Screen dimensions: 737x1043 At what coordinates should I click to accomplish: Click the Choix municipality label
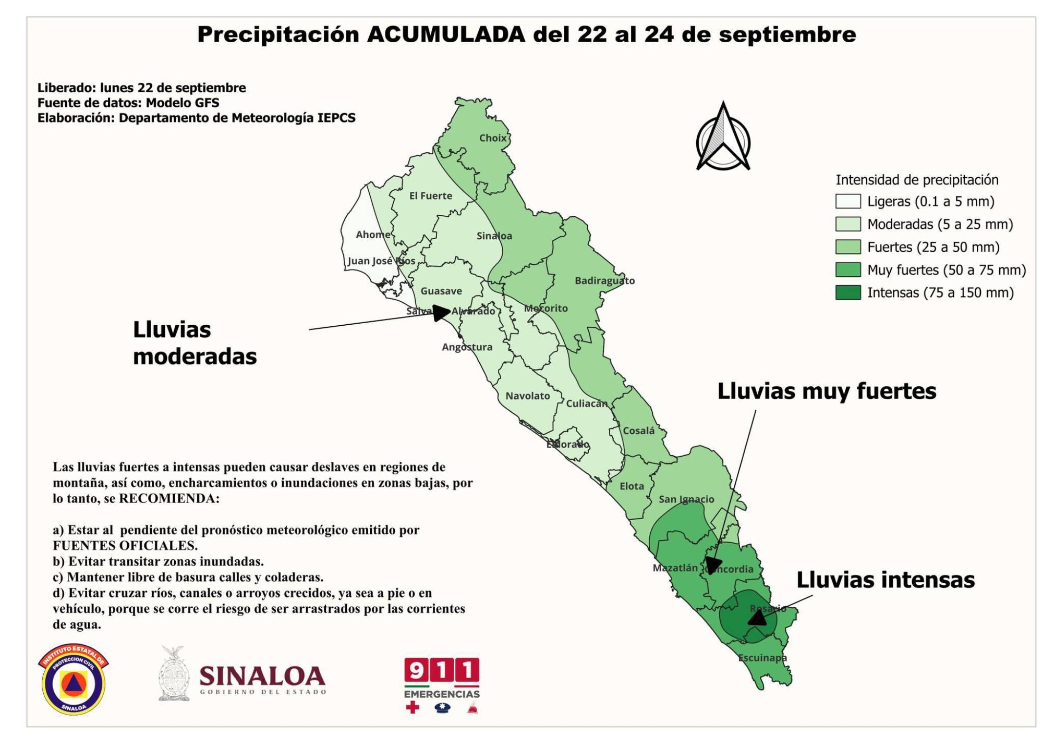coord(493,138)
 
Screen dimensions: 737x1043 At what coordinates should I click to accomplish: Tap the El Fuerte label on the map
coord(430,196)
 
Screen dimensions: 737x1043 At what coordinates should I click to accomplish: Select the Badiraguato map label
coord(604,281)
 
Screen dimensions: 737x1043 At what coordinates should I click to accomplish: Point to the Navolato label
coord(527,396)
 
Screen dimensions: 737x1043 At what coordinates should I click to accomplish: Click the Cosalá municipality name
coord(638,431)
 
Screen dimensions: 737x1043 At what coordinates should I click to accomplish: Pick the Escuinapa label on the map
coord(762,658)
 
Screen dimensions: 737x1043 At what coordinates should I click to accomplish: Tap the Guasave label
coord(441,291)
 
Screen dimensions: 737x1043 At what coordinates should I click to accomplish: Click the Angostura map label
coord(467,347)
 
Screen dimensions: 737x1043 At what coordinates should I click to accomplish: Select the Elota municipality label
coord(632,486)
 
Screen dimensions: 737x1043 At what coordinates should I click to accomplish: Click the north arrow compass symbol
coord(723,138)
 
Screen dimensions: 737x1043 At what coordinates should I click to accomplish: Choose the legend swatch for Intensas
coord(847,293)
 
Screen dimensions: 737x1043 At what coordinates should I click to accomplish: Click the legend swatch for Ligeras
coord(847,202)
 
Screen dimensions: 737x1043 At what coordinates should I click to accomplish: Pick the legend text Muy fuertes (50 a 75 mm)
coord(946,270)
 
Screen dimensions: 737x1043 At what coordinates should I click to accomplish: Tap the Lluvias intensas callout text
coord(885,580)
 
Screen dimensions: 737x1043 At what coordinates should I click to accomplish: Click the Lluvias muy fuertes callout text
coord(827,391)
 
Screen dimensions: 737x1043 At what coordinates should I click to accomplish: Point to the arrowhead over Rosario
coord(757,618)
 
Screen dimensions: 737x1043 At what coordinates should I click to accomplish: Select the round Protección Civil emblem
coord(74,680)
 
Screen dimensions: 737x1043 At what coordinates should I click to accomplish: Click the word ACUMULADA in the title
coord(446,35)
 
